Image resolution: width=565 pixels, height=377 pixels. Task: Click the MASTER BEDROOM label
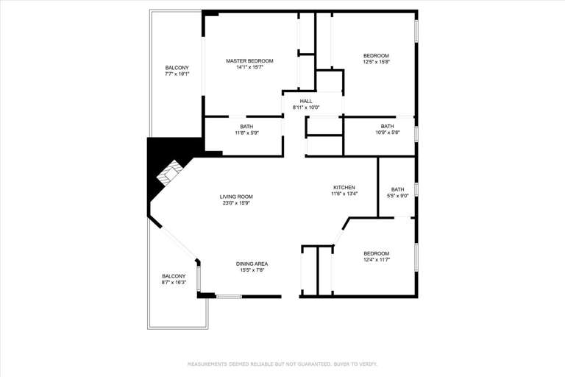point(249,61)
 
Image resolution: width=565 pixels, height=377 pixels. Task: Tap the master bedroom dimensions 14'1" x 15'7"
point(249,68)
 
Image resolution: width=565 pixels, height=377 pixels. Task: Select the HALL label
point(306,101)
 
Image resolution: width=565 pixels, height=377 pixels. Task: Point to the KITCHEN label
point(344,188)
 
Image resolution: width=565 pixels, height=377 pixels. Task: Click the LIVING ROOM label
point(236,197)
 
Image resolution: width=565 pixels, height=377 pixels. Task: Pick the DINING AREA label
point(252,264)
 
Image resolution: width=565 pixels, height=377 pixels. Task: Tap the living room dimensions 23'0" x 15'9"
point(236,203)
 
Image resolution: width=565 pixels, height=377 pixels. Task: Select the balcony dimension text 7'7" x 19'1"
point(177,74)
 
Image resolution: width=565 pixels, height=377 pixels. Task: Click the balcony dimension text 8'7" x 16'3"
point(174,282)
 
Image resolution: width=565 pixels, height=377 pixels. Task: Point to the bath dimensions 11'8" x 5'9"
point(246,133)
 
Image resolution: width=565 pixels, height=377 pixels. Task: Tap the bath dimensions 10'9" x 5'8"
point(387,133)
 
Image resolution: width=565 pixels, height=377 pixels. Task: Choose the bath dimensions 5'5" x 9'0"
point(397,196)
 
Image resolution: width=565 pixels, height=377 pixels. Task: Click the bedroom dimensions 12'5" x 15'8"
point(376,62)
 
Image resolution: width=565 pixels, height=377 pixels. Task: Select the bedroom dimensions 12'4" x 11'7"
point(376,260)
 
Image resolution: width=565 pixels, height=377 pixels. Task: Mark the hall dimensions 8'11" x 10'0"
point(306,108)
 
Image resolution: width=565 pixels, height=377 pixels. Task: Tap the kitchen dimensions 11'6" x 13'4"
point(344,194)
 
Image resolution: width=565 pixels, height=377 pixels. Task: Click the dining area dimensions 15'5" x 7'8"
point(252,270)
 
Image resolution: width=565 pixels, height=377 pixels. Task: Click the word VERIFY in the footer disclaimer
point(367,364)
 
